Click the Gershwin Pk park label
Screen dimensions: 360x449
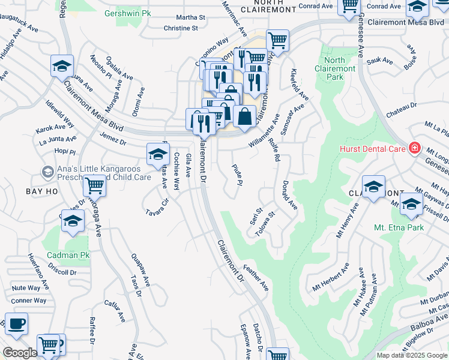click(127, 13)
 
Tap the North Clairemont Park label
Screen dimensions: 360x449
click(335, 68)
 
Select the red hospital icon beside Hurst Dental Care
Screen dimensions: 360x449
click(414, 148)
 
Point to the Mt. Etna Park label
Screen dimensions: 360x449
click(399, 227)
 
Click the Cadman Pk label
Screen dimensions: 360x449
click(68, 255)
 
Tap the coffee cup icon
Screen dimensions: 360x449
click(16, 324)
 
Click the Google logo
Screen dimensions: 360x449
click(19, 353)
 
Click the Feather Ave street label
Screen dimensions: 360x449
click(256, 278)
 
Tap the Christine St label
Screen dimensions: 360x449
click(180, 28)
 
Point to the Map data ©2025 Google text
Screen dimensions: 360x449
click(412, 355)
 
